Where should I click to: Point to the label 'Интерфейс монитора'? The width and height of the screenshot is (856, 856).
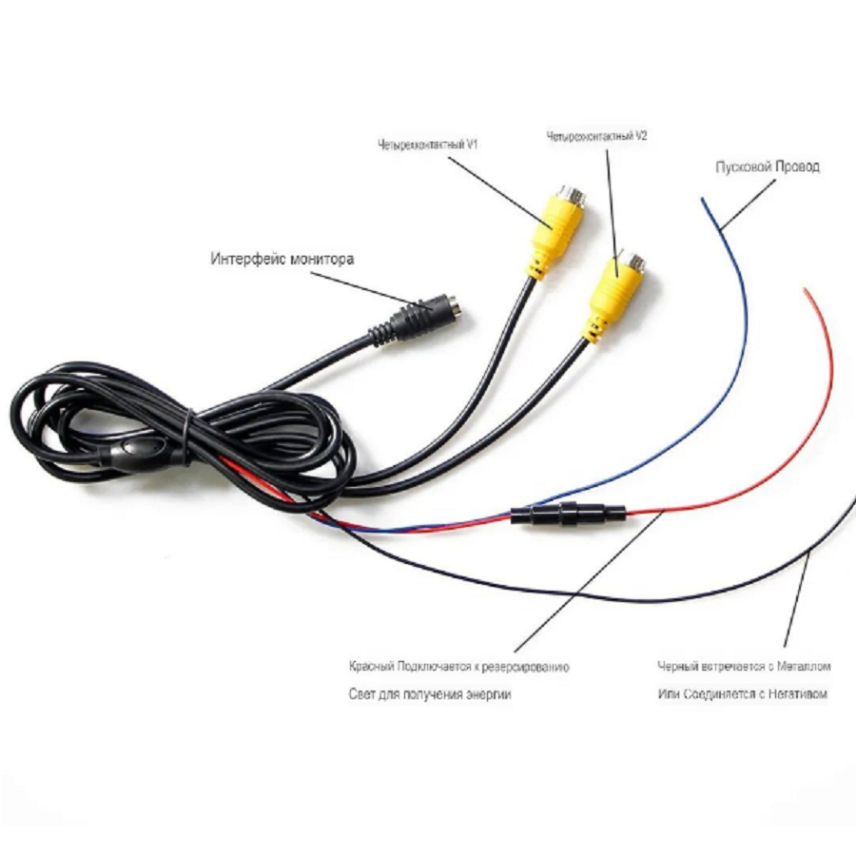click(282, 258)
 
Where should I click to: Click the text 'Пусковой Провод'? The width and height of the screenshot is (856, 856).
click(768, 166)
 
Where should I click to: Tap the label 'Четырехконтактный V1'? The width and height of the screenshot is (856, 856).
click(426, 146)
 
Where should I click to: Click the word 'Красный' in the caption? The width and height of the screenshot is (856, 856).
click(369, 666)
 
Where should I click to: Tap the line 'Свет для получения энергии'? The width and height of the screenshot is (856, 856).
click(429, 694)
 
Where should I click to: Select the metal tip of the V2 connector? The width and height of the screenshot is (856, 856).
click(634, 260)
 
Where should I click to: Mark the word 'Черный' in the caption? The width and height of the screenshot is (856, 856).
click(676, 666)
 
